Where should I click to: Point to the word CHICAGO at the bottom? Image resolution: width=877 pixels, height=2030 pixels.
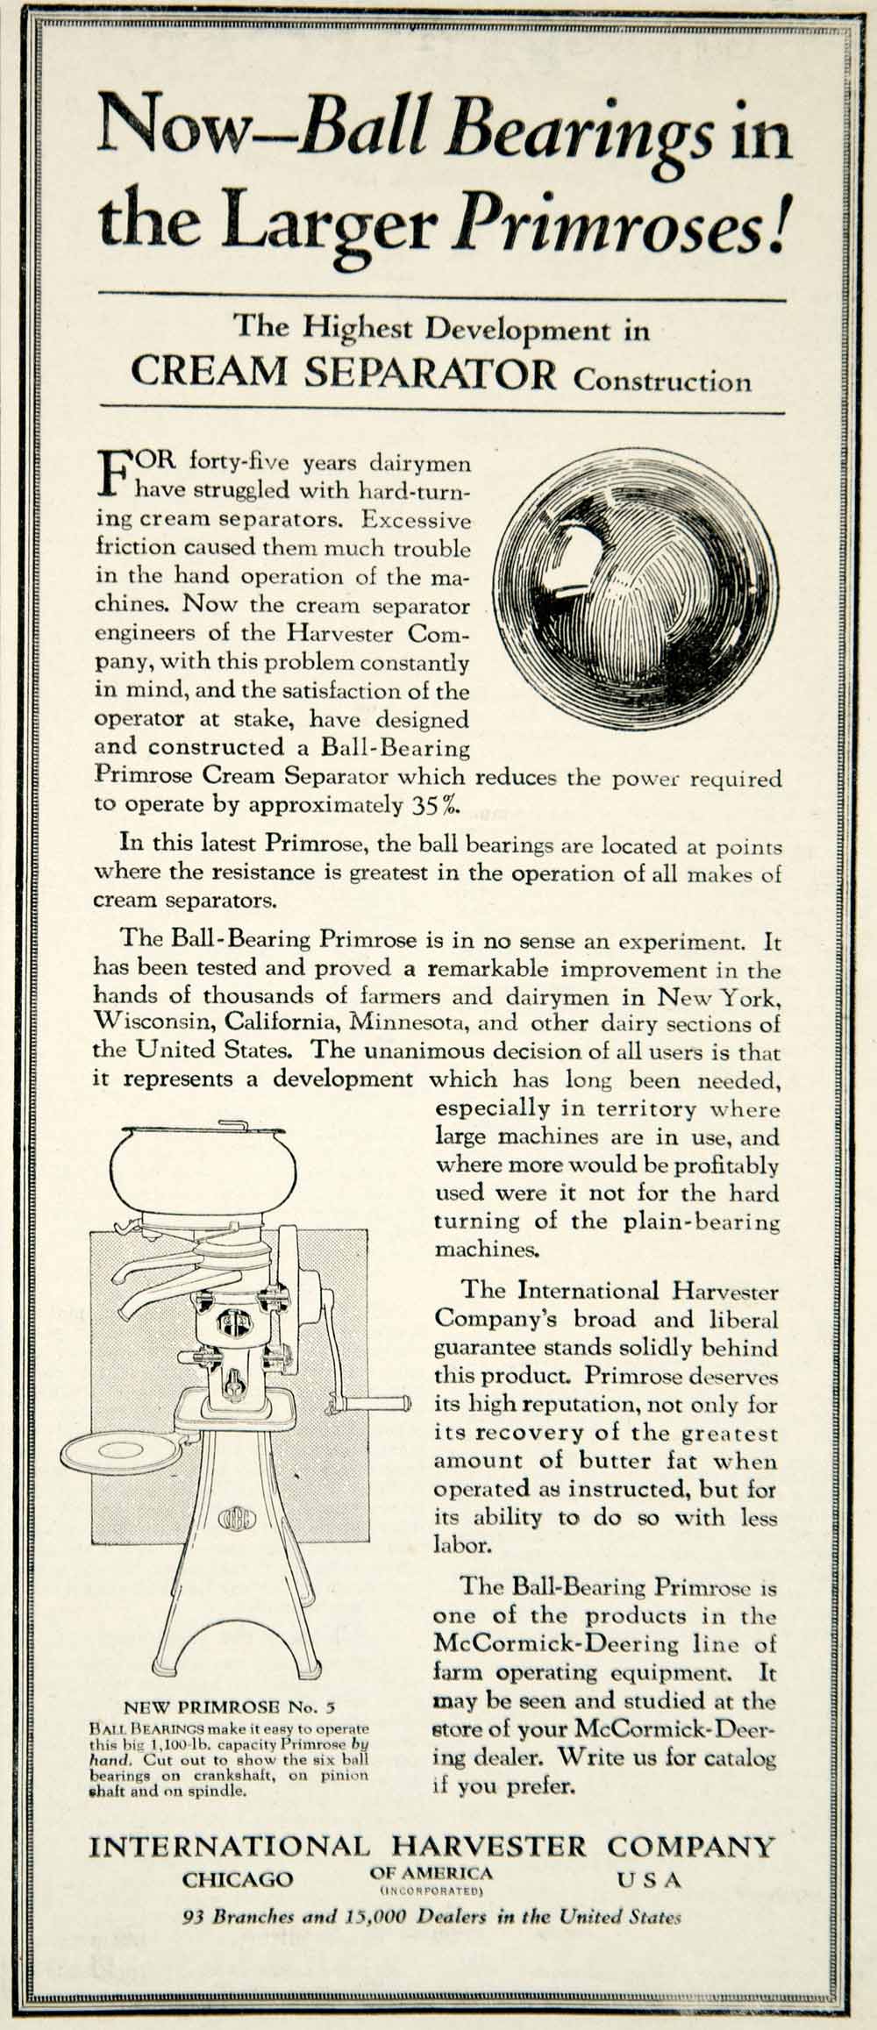click(238, 1878)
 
